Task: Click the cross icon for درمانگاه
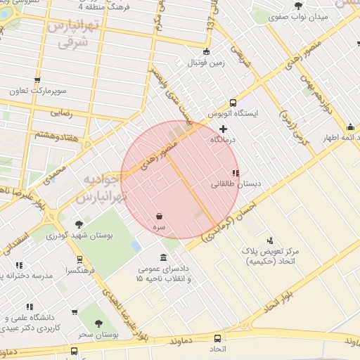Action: click(x=224, y=129)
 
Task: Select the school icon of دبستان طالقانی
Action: click(x=235, y=173)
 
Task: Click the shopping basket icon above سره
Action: click(x=160, y=217)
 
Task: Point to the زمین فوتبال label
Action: click(x=205, y=63)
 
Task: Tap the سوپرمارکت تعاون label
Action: click(x=37, y=91)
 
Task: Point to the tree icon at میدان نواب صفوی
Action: click(x=299, y=6)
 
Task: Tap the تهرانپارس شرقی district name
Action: click(x=69, y=34)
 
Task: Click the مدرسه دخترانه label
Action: click(x=27, y=276)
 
